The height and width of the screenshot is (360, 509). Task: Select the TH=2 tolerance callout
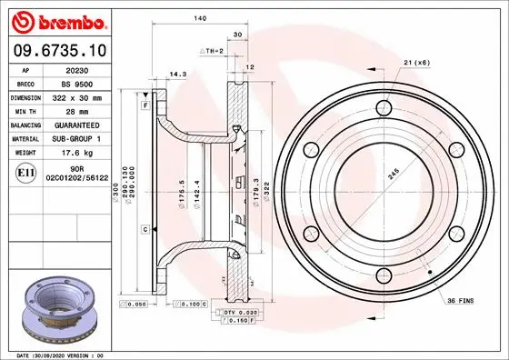tap(212, 52)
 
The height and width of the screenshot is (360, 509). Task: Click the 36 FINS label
tap(459, 300)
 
